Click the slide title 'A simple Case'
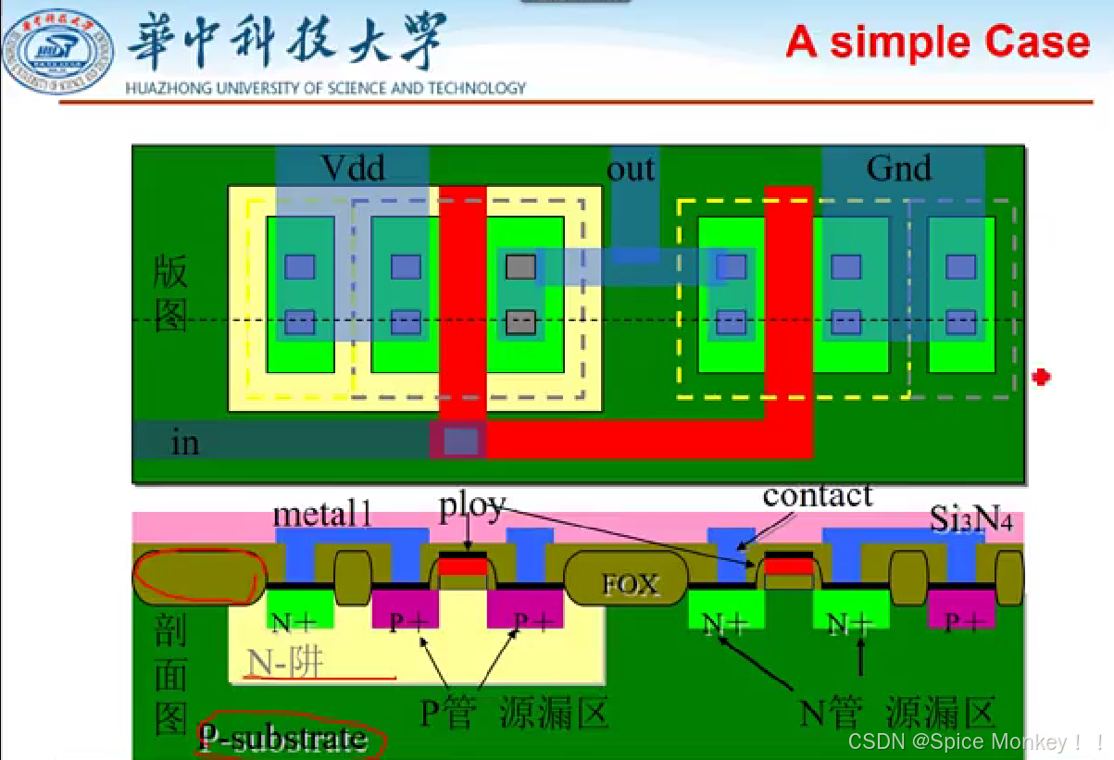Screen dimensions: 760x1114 937,43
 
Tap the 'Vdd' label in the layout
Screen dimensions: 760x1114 352,168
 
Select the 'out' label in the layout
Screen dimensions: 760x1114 631,168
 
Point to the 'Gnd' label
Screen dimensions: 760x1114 898,168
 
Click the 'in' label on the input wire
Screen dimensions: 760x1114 185,442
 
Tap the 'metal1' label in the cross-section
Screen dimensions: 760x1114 322,515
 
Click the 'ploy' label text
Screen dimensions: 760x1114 472,505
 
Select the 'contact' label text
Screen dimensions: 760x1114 817,495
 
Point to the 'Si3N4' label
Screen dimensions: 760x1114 971,521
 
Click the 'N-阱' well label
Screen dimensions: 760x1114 285,663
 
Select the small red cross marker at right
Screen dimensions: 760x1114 1042,377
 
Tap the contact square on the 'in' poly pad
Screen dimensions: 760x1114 461,441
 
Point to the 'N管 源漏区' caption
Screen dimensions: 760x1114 896,714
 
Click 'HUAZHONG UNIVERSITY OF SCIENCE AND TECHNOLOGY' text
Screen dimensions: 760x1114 325,89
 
